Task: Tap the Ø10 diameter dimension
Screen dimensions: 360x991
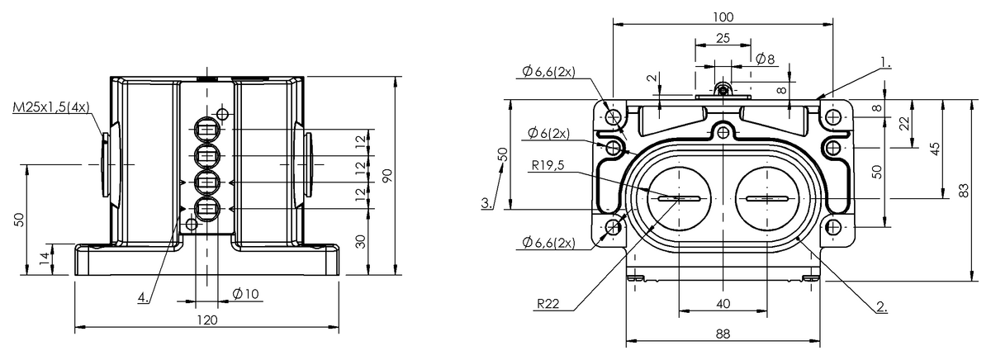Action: tap(246, 294)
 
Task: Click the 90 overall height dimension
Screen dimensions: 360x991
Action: tap(386, 175)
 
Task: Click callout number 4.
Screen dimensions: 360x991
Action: tap(143, 297)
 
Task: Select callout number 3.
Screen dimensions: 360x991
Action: tap(488, 201)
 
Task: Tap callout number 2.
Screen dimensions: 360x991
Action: tap(881, 306)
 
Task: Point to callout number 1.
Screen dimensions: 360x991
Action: tap(885, 61)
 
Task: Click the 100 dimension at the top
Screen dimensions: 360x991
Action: tap(723, 17)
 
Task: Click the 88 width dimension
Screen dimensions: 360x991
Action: tap(723, 334)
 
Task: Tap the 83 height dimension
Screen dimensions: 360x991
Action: tap(965, 190)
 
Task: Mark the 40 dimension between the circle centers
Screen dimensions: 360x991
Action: tap(723, 304)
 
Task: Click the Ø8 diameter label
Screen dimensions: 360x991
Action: tap(765, 59)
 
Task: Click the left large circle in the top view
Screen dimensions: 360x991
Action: tap(679, 198)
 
